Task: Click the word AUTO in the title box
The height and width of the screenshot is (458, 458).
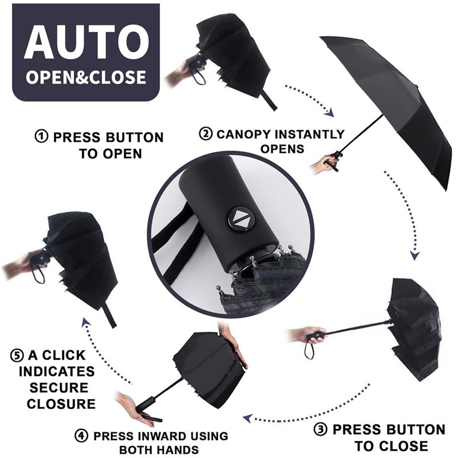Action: tap(87, 42)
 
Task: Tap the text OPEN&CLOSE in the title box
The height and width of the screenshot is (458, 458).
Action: tap(86, 77)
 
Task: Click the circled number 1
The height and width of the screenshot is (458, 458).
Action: tap(41, 136)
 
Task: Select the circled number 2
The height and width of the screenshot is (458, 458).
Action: tap(206, 133)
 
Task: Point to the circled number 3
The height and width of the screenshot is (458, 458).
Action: tap(321, 429)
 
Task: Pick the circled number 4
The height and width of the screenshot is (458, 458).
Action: tap(81, 436)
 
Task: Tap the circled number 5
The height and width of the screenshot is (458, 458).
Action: tap(17, 356)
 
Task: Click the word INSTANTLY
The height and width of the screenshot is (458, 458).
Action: tap(310, 134)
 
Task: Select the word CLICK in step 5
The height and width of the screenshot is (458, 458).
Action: tap(64, 355)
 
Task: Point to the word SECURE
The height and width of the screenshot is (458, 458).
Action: tap(59, 388)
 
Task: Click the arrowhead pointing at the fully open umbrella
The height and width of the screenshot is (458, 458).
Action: tap(330, 112)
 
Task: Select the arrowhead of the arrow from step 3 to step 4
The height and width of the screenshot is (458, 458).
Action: tap(248, 418)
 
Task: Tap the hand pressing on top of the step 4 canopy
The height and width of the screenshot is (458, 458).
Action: tap(233, 346)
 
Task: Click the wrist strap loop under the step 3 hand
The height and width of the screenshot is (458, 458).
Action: tap(309, 349)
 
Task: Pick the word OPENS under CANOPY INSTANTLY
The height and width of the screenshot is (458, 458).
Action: tap(282, 149)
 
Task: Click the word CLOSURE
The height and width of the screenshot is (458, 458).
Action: tap(61, 404)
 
